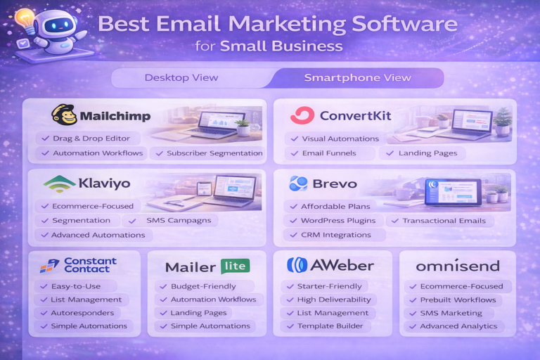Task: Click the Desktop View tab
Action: point(181,77)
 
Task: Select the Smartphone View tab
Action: point(357,77)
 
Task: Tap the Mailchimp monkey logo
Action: point(65,115)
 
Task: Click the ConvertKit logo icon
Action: point(302,115)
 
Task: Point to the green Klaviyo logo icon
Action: point(59,184)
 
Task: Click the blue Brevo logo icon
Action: point(298,184)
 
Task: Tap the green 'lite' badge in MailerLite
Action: point(234,266)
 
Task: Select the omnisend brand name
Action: point(457,266)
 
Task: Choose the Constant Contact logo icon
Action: point(49,265)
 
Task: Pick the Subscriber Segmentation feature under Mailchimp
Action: point(209,153)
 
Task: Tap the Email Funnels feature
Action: point(328,153)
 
